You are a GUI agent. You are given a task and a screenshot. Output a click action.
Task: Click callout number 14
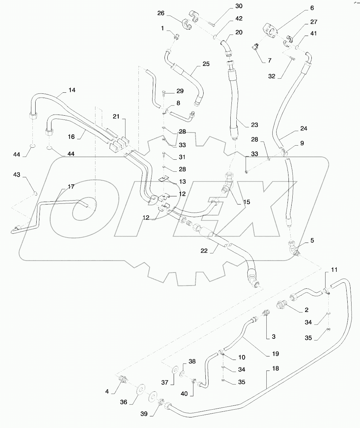[72, 90]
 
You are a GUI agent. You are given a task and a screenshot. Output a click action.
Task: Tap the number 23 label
[254, 125]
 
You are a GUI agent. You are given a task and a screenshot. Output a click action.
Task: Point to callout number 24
[303, 129]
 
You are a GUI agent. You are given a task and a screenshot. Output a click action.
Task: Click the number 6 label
[312, 8]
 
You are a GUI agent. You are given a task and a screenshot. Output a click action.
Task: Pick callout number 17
[71, 187]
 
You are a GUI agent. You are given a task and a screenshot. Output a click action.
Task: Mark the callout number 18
[275, 368]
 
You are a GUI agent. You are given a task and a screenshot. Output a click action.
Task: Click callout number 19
[275, 353]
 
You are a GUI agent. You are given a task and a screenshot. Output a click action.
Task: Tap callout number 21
[117, 116]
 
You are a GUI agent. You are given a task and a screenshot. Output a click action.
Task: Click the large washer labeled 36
[140, 389]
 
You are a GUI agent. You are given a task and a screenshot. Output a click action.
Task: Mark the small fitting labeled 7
[256, 47]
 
